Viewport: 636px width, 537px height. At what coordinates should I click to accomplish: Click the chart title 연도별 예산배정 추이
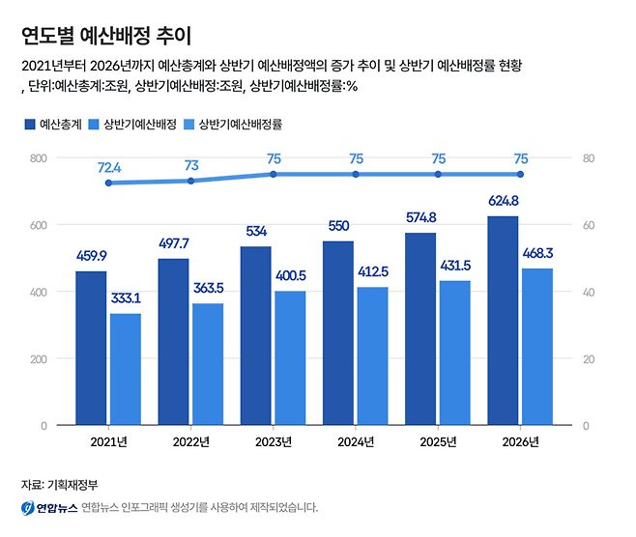105,36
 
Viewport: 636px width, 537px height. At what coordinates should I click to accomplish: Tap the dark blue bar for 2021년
91,348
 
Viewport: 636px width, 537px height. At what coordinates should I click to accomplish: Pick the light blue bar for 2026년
537,347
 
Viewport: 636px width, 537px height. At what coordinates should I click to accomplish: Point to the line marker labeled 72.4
108,183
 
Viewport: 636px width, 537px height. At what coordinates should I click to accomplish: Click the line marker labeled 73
191,181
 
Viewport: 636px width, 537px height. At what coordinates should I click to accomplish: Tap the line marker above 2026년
520,174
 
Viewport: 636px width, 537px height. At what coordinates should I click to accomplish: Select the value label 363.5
208,288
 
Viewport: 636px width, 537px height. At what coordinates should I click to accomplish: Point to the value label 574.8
420,217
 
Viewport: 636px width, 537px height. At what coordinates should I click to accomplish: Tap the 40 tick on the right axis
586,292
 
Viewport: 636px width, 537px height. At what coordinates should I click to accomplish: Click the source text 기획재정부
79,484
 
